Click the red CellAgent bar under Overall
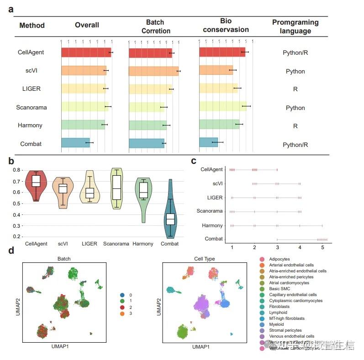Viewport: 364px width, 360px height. coord(86,52)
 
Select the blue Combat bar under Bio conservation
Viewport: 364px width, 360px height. coord(209,142)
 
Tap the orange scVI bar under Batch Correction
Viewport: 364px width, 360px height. coord(153,71)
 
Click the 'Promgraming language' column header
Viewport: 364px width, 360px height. coord(295,27)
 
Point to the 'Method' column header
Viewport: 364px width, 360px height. coord(32,25)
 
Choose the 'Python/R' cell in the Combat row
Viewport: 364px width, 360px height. coord(295,145)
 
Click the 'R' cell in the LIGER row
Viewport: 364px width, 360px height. coord(295,89)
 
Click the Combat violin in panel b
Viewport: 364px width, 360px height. coord(170,214)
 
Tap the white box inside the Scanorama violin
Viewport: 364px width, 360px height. coord(117,188)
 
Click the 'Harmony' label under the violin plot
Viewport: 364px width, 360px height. coord(143,244)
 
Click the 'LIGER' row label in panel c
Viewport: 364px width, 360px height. coord(214,198)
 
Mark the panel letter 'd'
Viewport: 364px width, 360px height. coord(11,250)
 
